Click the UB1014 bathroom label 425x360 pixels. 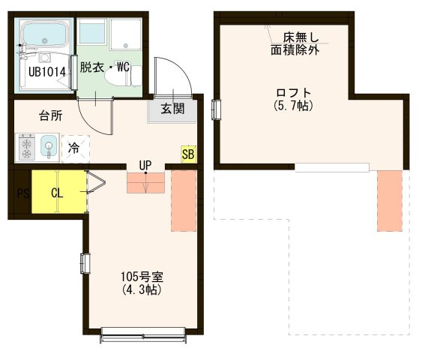click(48, 72)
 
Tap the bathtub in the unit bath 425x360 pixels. click(46, 34)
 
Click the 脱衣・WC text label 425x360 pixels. click(106, 67)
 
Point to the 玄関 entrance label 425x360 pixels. click(172, 109)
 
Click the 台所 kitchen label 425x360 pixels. click(50, 115)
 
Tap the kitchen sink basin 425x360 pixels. click(49, 145)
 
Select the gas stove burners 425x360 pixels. click(27, 147)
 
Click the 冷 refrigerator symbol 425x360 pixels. click(74, 147)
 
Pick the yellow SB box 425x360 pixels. click(188, 155)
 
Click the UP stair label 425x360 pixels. click(145, 165)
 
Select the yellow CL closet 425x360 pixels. click(58, 191)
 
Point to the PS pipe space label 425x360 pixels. click(22, 193)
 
